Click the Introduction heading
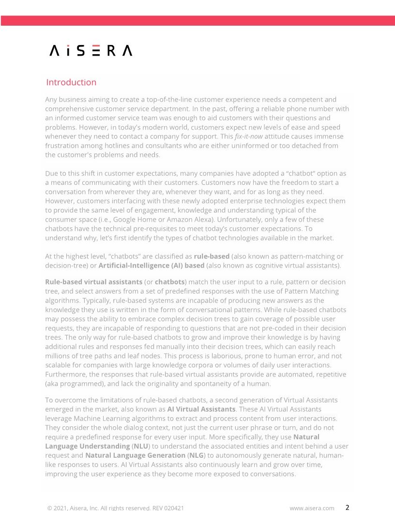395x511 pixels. coord(71,82)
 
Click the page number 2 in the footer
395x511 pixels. coord(347,508)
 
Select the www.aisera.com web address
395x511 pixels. coord(312,508)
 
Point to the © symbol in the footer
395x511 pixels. coord(49,508)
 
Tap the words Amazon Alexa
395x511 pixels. coord(188,219)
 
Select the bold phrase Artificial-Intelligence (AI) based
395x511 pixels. coord(152,266)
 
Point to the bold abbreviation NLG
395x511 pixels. coord(196,455)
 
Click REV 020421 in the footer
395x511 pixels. coord(167,508)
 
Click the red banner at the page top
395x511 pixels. coord(197,20)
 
